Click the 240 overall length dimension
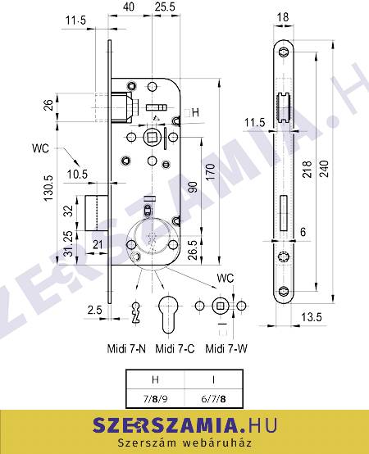point(325,168)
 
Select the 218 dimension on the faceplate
point(307,170)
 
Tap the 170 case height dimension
point(211,172)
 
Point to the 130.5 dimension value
point(48,188)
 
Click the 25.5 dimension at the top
point(165,7)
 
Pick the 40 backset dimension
point(129,7)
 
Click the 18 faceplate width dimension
point(283,16)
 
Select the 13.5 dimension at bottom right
point(312,317)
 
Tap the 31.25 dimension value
point(68,243)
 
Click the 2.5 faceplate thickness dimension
point(95,310)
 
